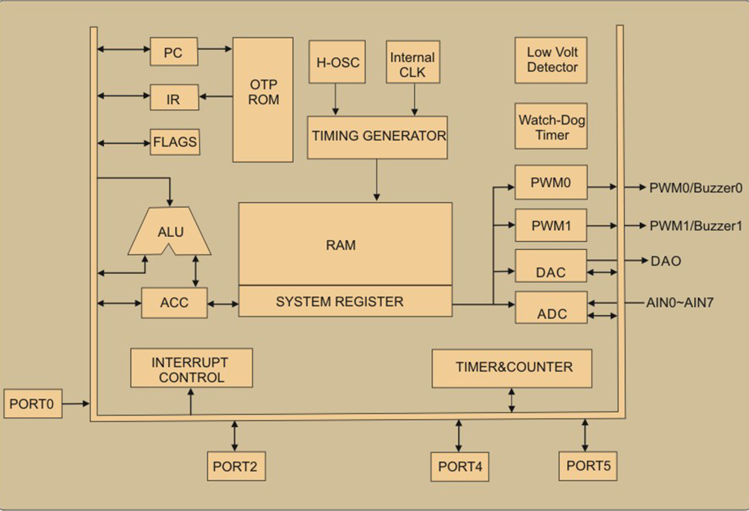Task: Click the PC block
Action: pos(174,51)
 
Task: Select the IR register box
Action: pos(174,97)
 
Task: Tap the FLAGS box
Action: pos(175,142)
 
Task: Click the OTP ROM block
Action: pos(263,100)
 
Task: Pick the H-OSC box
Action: pos(337,62)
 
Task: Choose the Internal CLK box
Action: pos(413,62)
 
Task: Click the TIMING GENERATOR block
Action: pos(377,137)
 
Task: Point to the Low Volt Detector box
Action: pos(551,60)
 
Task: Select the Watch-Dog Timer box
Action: pos(551,127)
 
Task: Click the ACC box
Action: pos(174,302)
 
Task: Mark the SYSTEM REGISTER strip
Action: pos(345,301)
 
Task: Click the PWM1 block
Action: pos(551,225)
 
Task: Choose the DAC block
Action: pos(551,266)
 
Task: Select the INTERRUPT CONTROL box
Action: pos(192,368)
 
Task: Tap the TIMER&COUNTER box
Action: pos(511,368)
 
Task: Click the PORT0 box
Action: pos(33,403)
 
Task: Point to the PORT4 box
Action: pos(459,467)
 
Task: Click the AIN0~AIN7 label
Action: pos(680,302)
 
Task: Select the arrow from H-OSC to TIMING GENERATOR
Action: pos(336,99)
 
